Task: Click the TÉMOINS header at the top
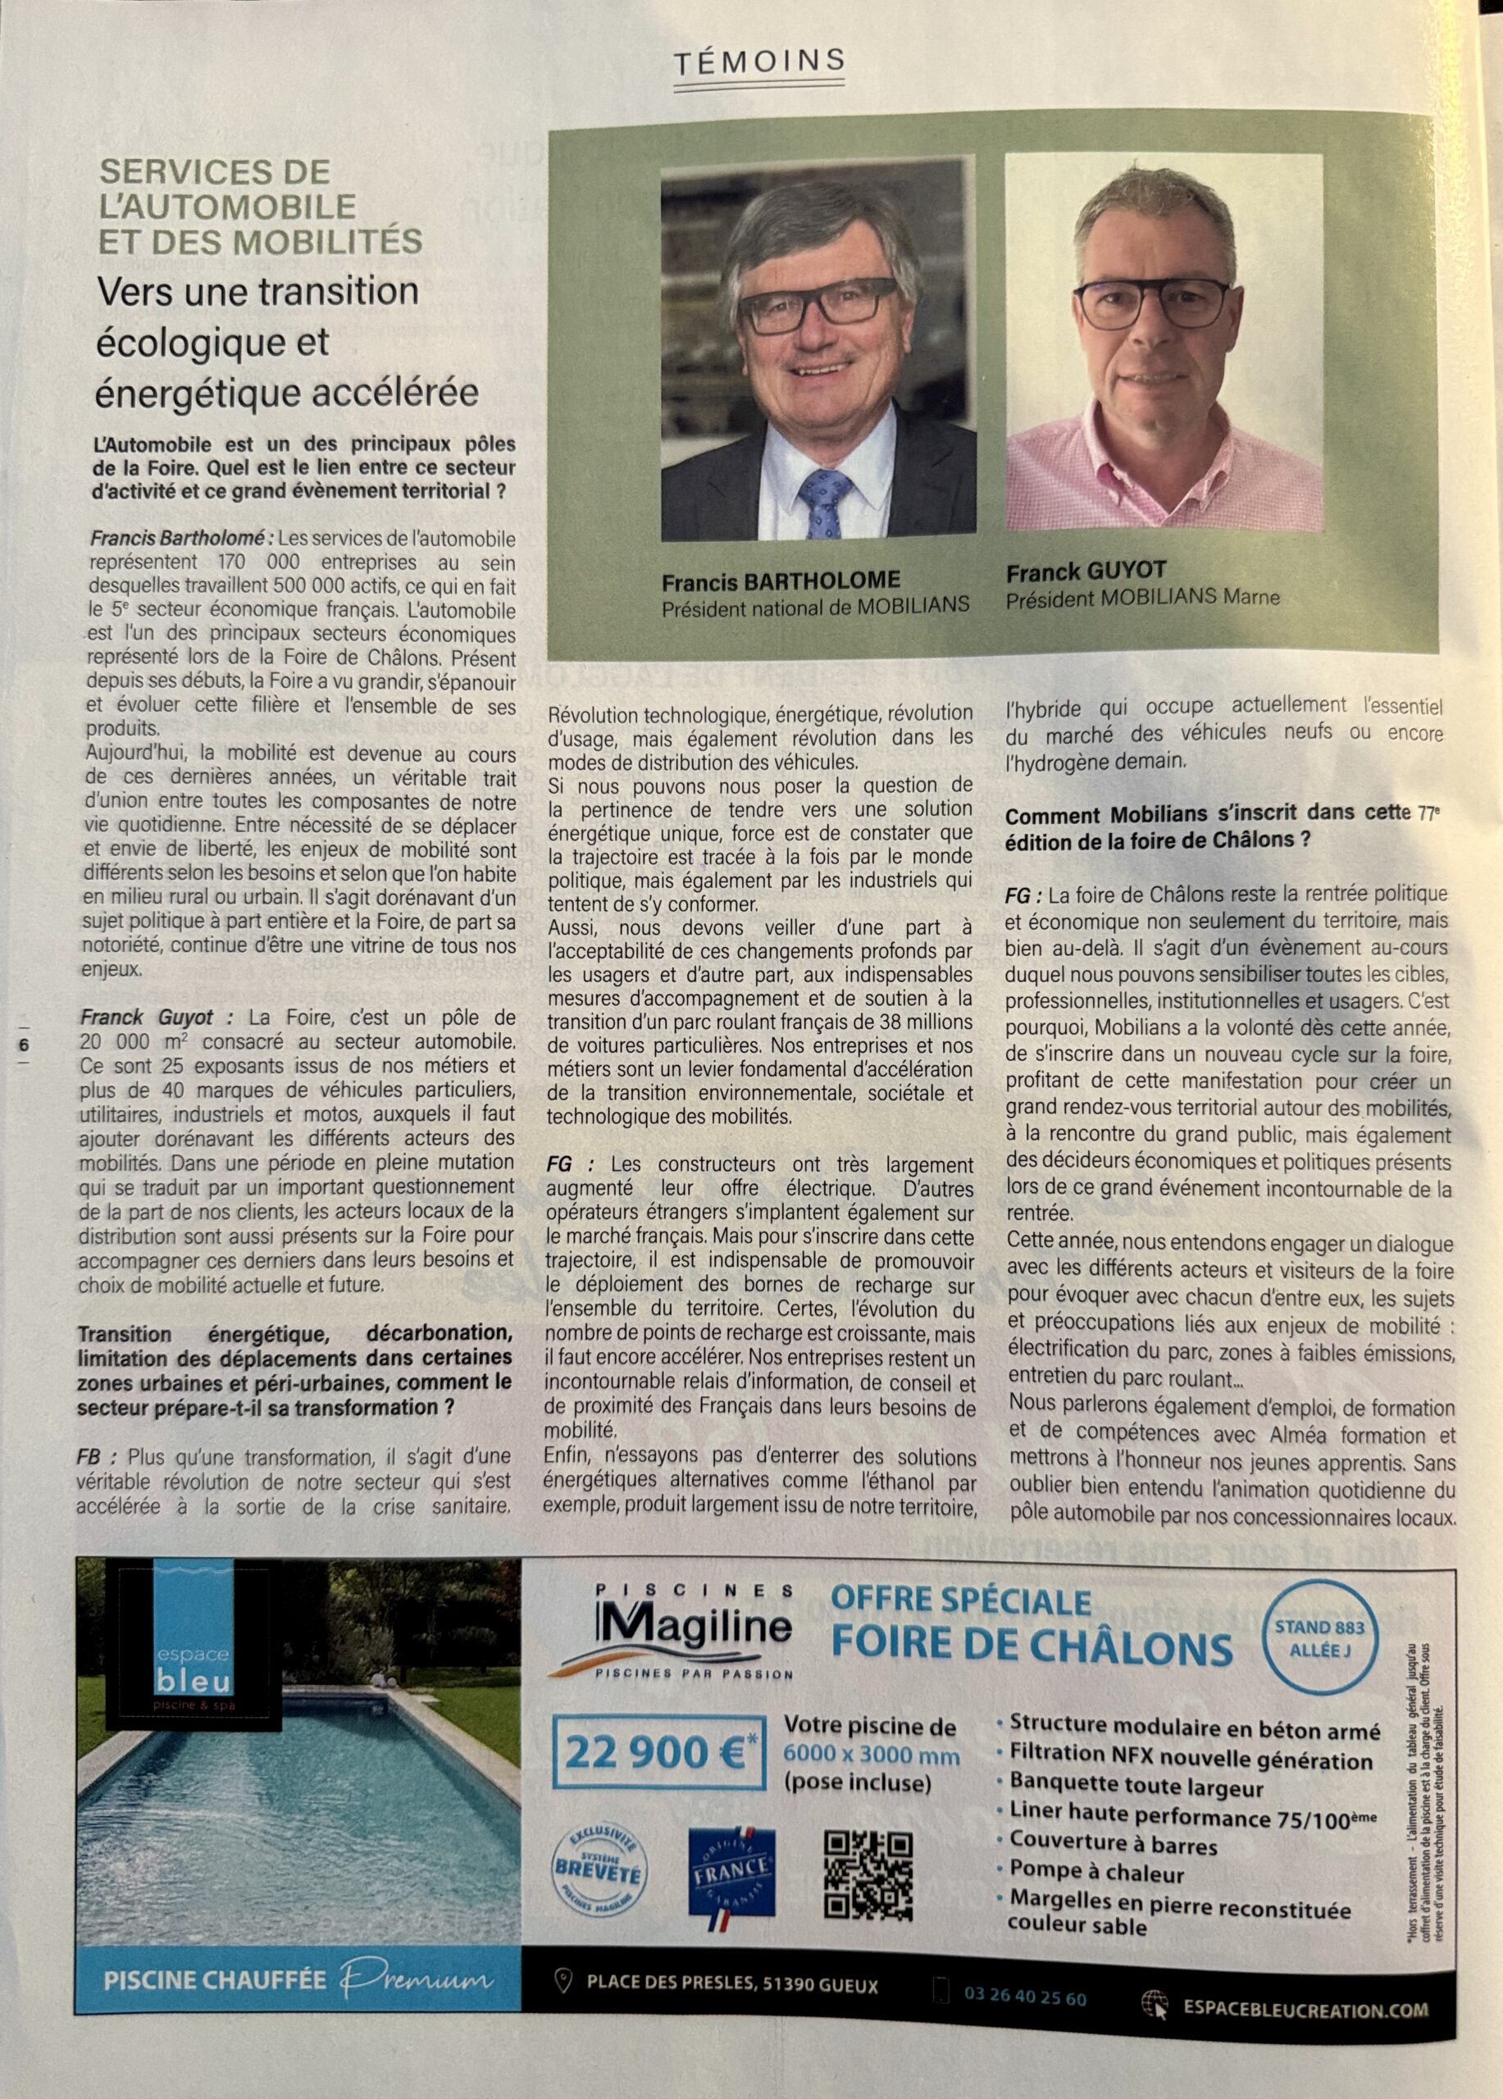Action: [x=759, y=62]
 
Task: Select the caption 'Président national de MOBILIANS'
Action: [x=814, y=606]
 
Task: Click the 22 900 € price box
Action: [x=659, y=1752]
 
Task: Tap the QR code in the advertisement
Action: [x=868, y=1875]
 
